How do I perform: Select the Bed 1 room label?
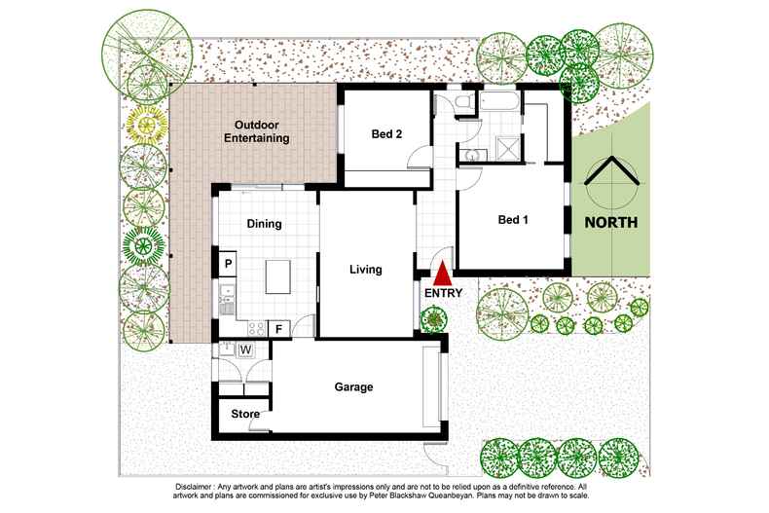pyautogui.click(x=513, y=220)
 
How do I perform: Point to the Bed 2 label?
pyautogui.click(x=386, y=134)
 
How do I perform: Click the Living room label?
pyautogui.click(x=365, y=270)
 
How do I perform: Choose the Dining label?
pyautogui.click(x=264, y=224)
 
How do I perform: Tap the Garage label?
pyautogui.click(x=353, y=386)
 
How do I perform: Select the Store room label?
pyautogui.click(x=245, y=415)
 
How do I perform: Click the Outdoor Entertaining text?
pyautogui.click(x=257, y=131)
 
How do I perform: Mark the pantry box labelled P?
pyautogui.click(x=228, y=263)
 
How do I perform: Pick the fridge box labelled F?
pyautogui.click(x=278, y=328)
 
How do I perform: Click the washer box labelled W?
pyautogui.click(x=246, y=349)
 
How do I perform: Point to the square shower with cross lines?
pyautogui.click(x=506, y=147)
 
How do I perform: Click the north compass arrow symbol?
pyautogui.click(x=611, y=181)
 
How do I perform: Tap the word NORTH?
pyautogui.click(x=610, y=222)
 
